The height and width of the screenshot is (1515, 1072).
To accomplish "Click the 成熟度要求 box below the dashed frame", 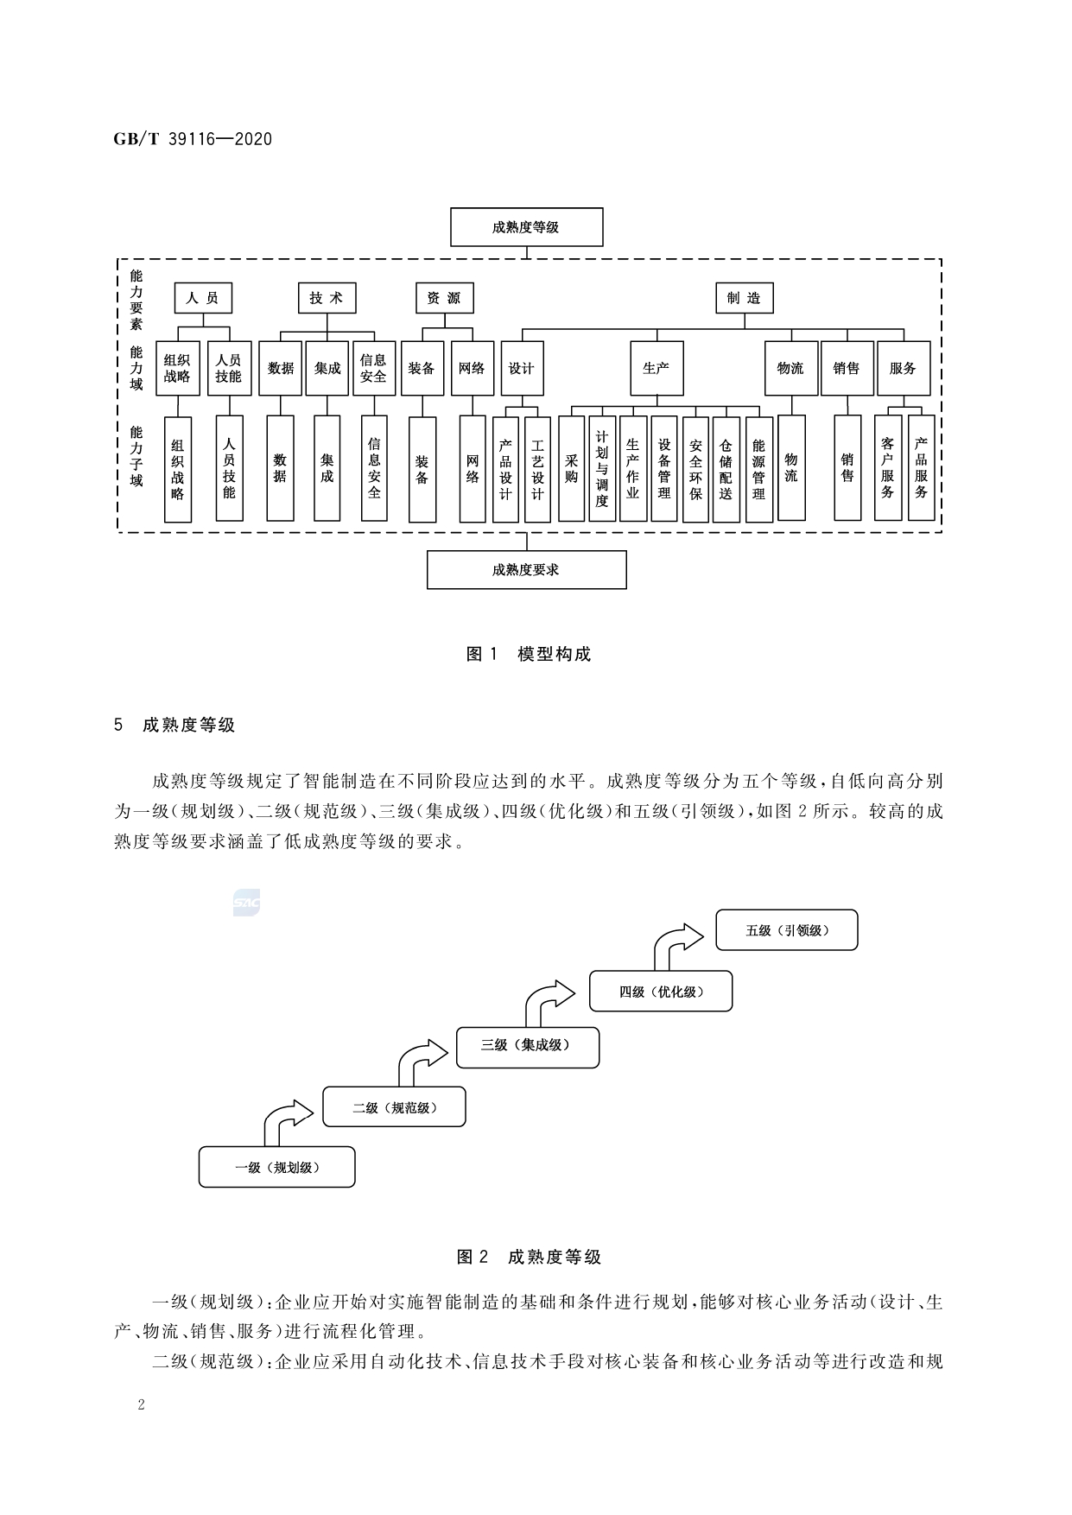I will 526,570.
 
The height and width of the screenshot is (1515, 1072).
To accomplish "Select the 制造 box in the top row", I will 744,298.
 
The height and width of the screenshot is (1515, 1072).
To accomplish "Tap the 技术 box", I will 327,298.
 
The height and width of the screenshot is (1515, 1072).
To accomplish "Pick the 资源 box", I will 444,298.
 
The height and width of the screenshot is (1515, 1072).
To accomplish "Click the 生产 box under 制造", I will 657,368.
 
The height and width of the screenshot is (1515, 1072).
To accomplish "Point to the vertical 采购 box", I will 571,468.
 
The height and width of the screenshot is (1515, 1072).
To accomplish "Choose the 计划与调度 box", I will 602,468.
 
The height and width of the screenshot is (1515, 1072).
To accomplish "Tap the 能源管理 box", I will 758,468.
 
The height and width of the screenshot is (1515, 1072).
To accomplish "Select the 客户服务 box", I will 887,468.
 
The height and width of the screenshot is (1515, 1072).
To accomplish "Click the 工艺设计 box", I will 537,468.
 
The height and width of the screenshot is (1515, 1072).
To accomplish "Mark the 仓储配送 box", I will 726,468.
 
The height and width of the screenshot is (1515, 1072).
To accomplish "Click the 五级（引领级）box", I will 787,930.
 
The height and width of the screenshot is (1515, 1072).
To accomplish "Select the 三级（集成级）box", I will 527,1045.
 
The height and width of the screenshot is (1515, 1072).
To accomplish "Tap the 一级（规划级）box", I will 276,1167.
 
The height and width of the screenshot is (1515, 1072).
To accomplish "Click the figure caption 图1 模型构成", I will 528,654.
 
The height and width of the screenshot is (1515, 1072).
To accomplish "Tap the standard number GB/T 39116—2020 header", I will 193,139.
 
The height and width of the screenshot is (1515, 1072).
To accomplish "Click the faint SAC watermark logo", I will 246,903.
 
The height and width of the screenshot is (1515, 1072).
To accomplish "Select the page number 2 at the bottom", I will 142,1404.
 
